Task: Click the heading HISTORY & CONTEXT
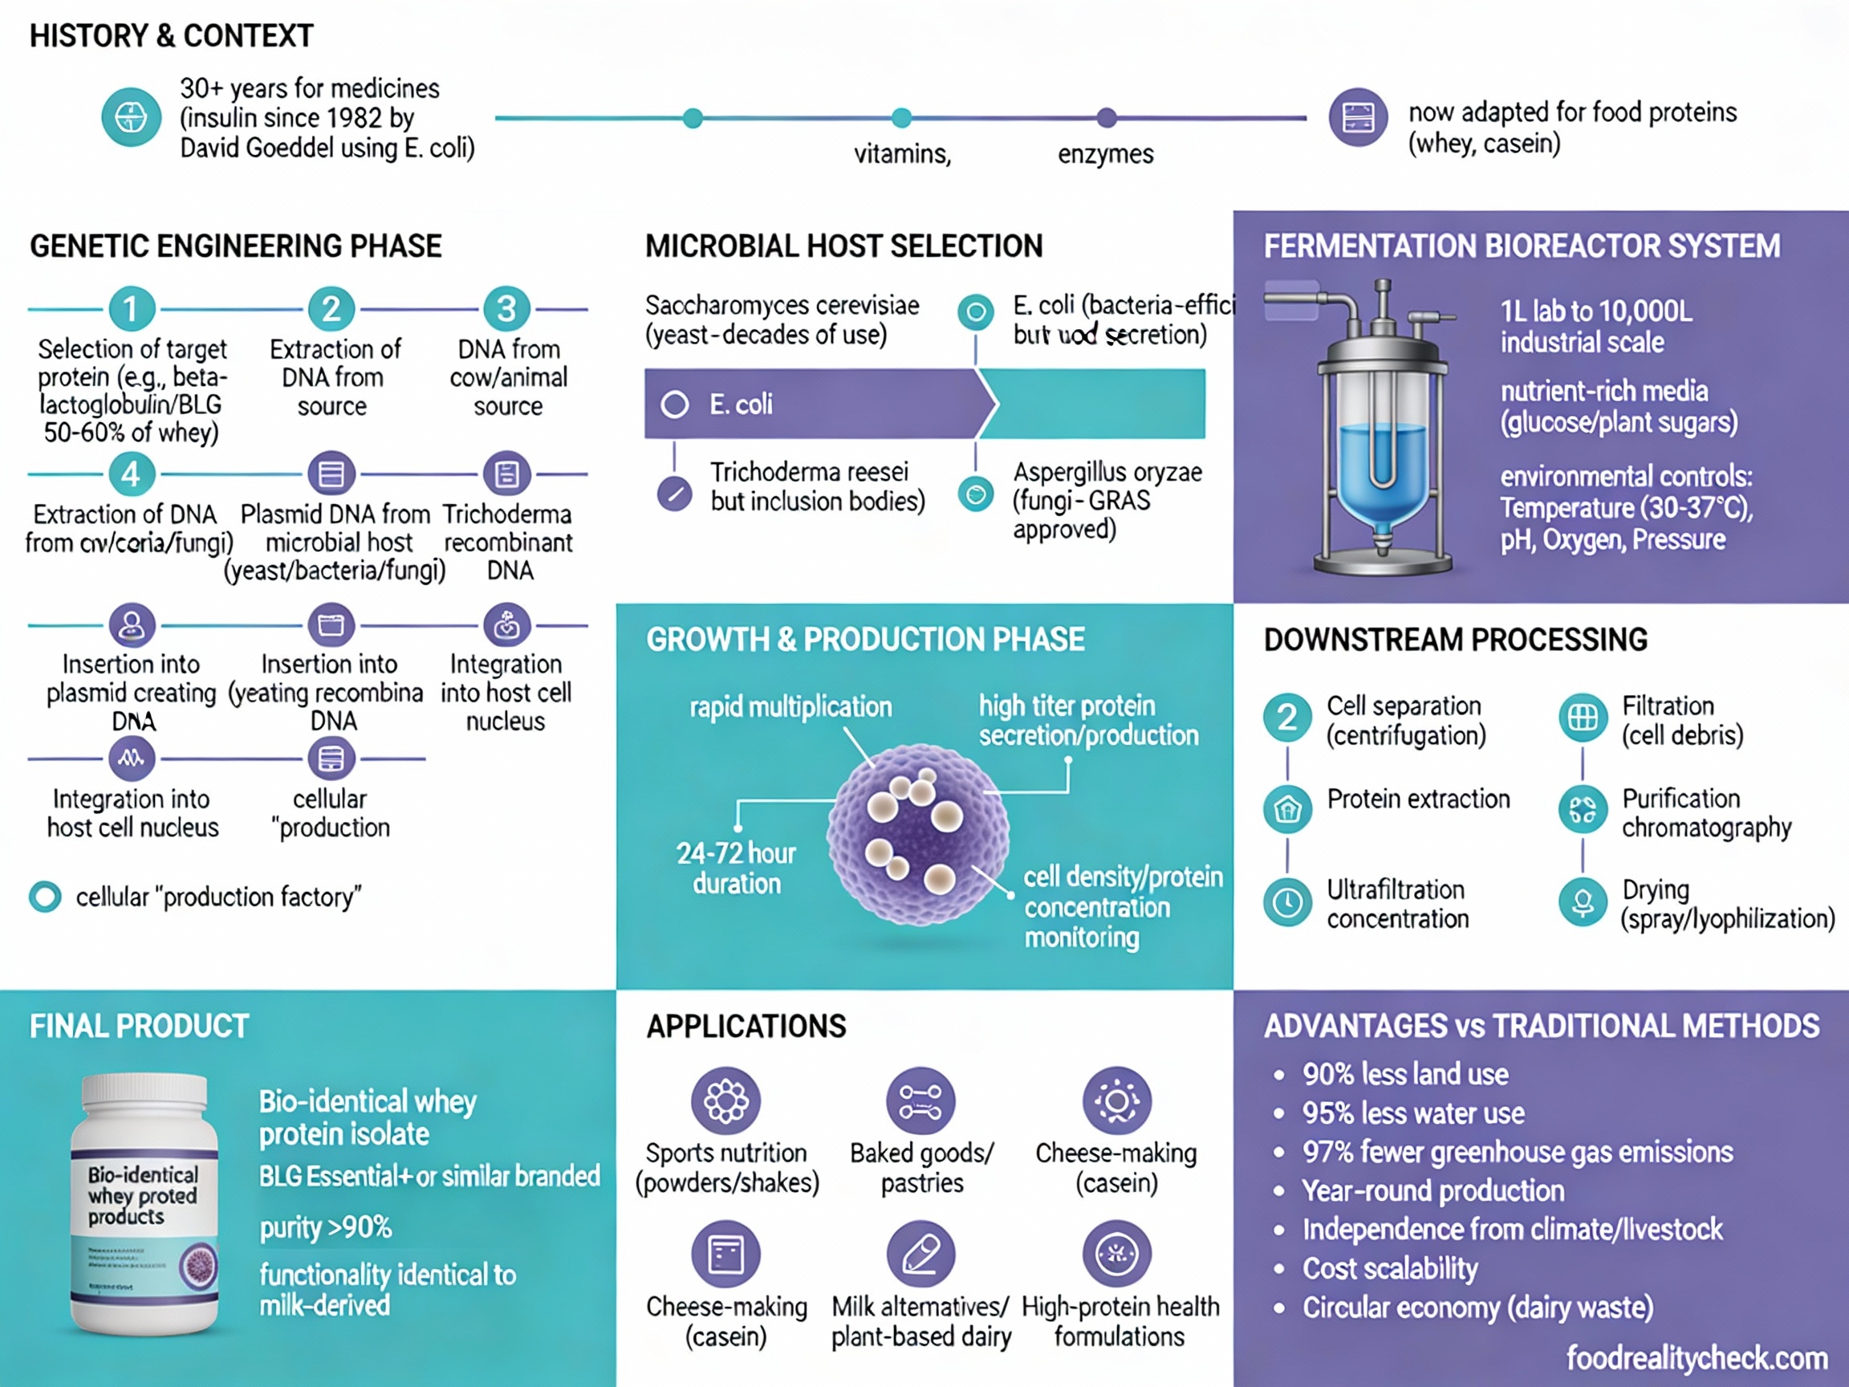[172, 36]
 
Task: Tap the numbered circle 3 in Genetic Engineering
[506, 308]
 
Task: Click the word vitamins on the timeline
[902, 154]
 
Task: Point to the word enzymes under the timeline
[1105, 154]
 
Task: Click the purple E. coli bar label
[741, 405]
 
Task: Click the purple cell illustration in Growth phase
[918, 835]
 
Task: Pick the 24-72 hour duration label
[736, 868]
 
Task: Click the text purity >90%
[325, 1227]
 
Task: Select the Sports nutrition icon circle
[725, 1101]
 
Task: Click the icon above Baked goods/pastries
[920, 1101]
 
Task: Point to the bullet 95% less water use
[1412, 1112]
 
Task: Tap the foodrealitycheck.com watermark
[1696, 1358]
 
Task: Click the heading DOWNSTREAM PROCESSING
[1454, 640]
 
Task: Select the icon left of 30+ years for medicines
[132, 117]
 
